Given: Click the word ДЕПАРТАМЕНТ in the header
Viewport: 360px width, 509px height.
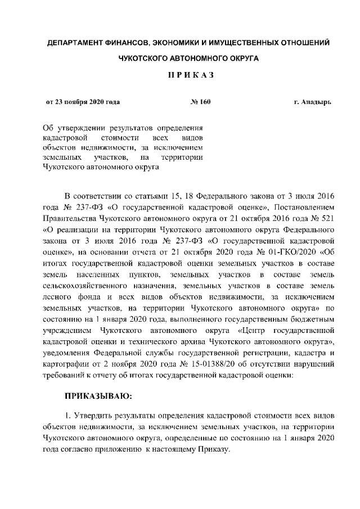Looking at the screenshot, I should pos(75,43).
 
